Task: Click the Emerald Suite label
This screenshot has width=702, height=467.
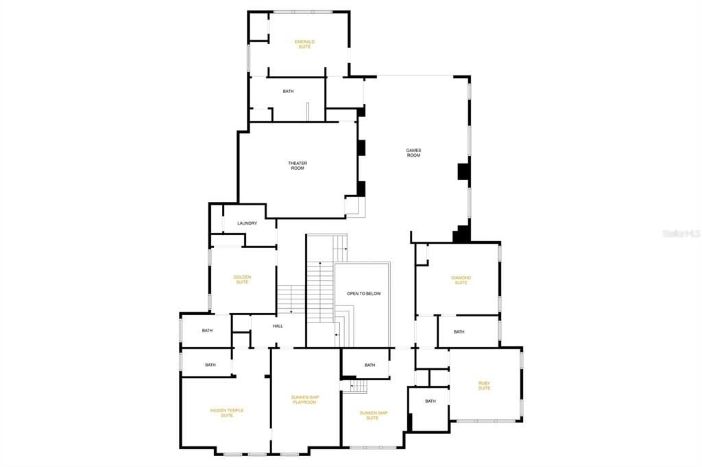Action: coord(304,44)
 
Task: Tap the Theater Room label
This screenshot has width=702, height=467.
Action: coord(297,165)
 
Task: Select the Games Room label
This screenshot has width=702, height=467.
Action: coord(413,153)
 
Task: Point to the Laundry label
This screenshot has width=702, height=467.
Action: coord(247,223)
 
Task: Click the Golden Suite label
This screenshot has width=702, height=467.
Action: coord(242,279)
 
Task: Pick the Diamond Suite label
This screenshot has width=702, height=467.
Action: coord(461,280)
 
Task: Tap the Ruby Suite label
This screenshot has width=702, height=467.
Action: coord(484,386)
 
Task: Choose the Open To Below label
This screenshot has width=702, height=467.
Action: coord(363,294)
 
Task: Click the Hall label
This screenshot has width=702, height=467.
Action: coord(278,326)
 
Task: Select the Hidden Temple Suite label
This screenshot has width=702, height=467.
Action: coord(227,413)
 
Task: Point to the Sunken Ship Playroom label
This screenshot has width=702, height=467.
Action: coord(305,399)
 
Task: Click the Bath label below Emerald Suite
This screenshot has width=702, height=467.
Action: coord(289,91)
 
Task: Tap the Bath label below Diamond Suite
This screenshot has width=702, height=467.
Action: coord(459,331)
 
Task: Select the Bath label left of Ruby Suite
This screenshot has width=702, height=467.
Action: coord(431,401)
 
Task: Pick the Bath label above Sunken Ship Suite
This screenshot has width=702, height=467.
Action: coord(370,365)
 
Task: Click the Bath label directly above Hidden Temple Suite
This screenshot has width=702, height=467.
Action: coord(210,365)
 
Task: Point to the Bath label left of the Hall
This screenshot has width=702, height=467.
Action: coord(207,331)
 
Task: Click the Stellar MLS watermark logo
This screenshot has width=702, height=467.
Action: coord(681,233)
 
